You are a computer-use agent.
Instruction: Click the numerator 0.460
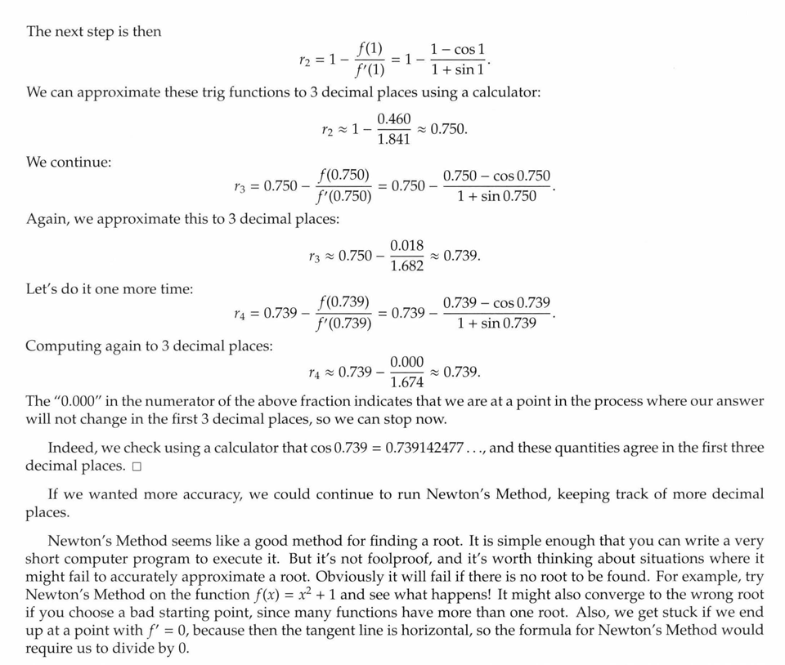[394, 119]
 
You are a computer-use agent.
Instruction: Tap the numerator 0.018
[406, 246]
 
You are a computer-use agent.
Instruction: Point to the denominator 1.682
[406, 266]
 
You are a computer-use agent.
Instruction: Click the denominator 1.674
[406, 382]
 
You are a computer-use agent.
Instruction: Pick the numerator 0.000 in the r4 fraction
[406, 362]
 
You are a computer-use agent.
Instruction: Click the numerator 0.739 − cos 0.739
[496, 303]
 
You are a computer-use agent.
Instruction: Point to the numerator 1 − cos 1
[458, 49]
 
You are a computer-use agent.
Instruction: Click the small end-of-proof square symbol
[136, 466]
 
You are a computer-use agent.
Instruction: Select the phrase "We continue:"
[70, 162]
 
